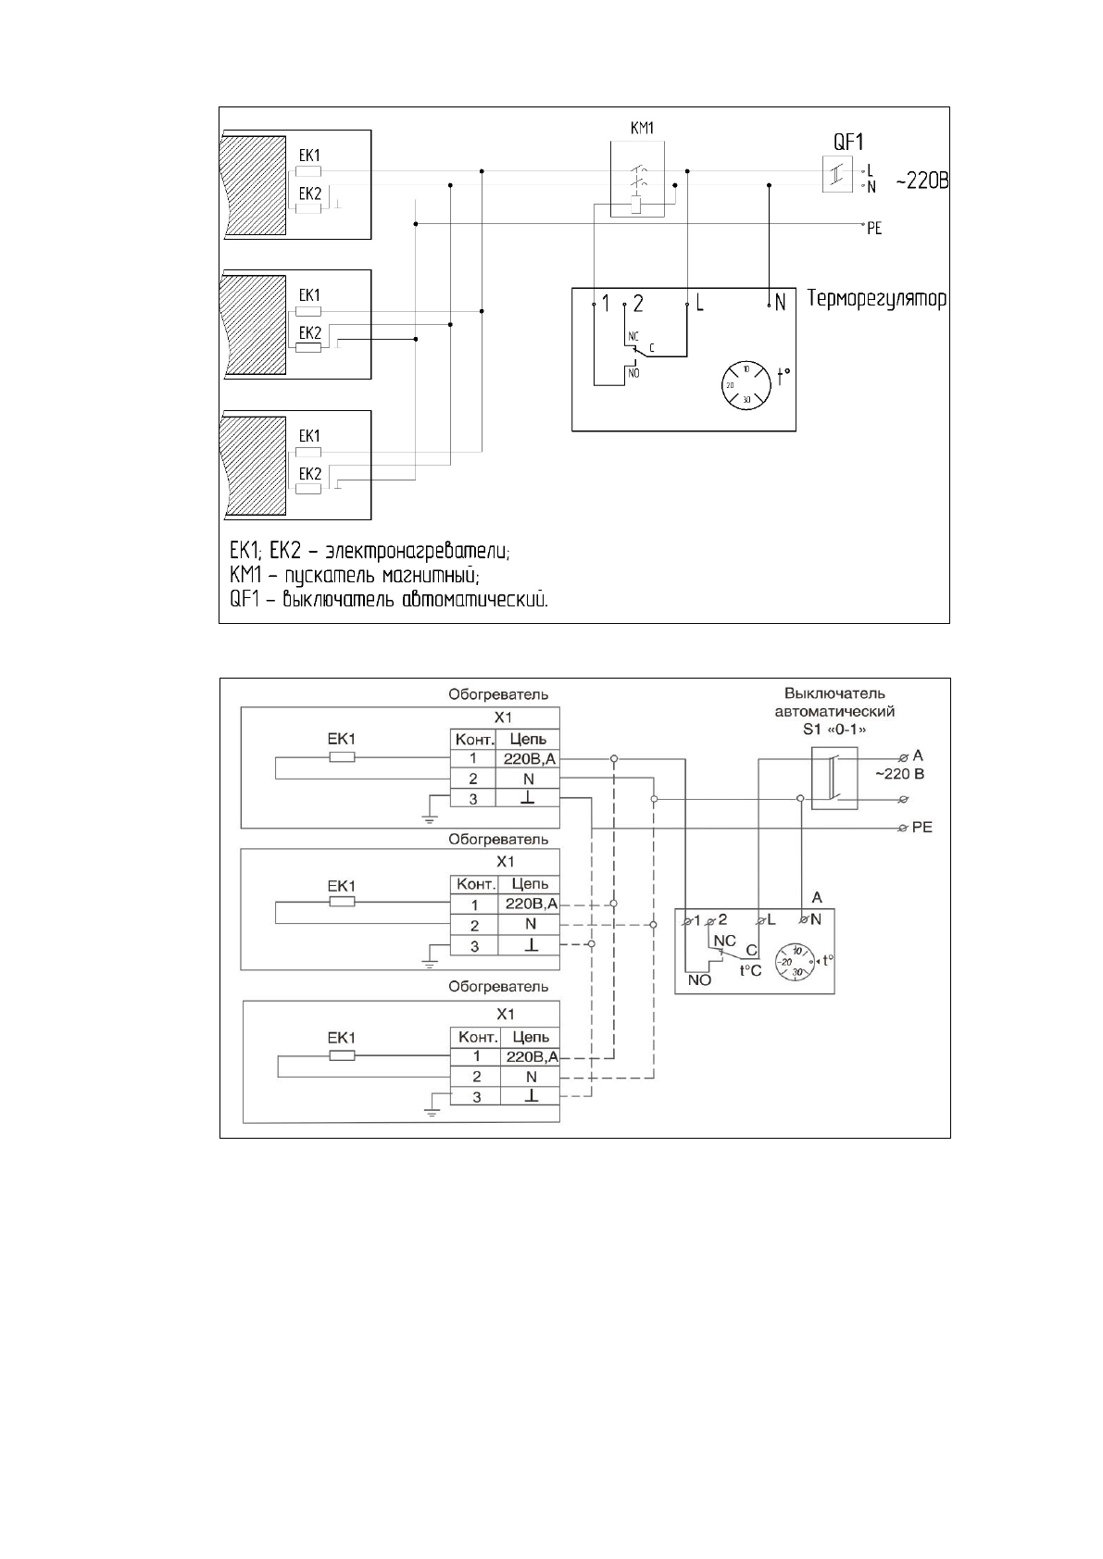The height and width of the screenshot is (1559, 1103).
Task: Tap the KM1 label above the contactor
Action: click(642, 129)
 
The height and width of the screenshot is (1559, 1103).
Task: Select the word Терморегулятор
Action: click(877, 300)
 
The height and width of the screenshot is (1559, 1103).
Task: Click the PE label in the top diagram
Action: click(873, 228)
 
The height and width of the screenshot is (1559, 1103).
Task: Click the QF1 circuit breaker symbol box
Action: click(836, 174)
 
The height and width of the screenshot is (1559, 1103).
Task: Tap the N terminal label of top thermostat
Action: click(781, 303)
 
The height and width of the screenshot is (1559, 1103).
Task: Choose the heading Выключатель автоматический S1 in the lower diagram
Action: click(834, 711)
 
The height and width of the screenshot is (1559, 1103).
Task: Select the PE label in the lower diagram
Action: click(921, 827)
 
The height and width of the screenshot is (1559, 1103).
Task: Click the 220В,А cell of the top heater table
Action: click(529, 759)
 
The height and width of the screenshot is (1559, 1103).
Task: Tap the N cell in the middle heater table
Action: click(530, 924)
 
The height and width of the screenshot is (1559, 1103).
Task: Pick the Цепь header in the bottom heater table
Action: click(530, 1037)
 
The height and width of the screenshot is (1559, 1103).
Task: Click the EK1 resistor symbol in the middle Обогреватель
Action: click(342, 902)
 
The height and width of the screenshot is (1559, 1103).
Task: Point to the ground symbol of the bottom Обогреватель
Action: click(432, 1110)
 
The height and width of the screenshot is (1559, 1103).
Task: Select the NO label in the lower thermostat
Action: click(700, 980)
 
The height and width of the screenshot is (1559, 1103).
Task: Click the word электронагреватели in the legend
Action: click(423, 552)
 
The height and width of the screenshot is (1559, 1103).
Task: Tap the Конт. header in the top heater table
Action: click(473, 739)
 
